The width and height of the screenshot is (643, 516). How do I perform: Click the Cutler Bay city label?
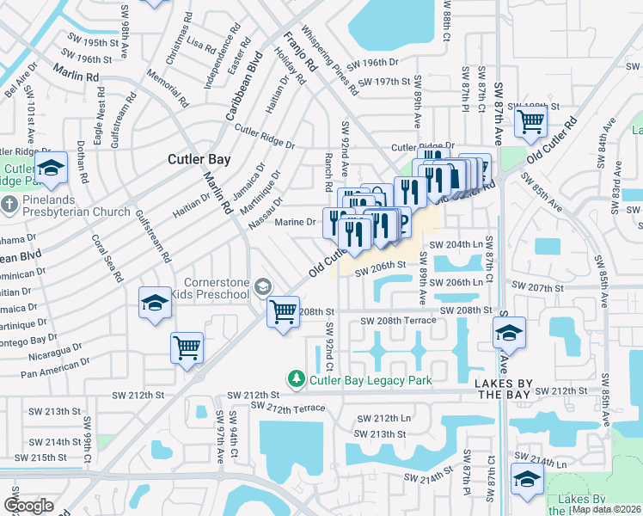[197, 159]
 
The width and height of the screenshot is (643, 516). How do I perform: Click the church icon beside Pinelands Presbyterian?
[9, 206]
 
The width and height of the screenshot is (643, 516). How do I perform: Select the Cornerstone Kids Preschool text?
[218, 290]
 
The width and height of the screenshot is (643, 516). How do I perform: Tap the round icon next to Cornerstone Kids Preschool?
[262, 289]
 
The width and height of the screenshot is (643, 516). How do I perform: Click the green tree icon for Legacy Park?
[296, 378]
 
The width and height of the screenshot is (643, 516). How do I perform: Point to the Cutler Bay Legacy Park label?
[358, 379]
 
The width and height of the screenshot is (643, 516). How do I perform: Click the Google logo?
[28, 506]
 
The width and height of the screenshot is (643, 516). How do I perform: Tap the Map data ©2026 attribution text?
[605, 509]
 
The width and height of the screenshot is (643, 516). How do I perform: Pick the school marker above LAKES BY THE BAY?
[509, 333]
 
